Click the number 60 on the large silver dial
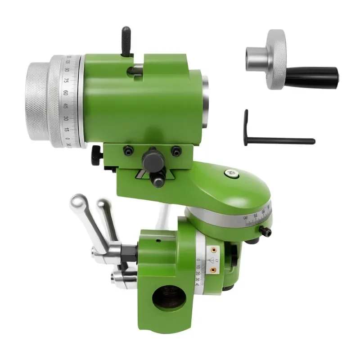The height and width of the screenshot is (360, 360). coord(66,93)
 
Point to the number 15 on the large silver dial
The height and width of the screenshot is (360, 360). coord(67,130)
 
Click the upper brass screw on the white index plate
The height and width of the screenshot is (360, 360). coord(214,248)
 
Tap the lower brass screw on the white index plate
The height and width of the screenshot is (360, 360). coord(214,269)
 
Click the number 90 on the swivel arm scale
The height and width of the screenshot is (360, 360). coord(246,217)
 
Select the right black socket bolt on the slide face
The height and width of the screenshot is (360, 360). coord(175,151)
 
